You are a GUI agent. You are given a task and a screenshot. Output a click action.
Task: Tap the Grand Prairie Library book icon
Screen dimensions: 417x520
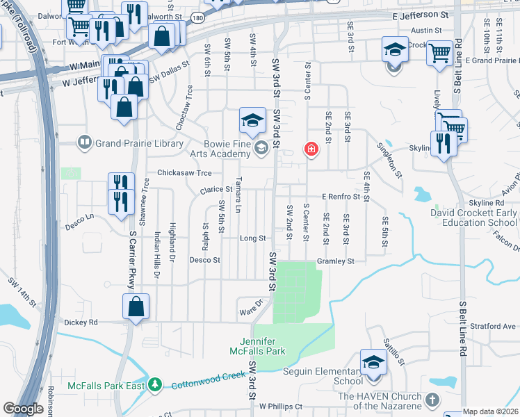pyautogui.click(x=84, y=143)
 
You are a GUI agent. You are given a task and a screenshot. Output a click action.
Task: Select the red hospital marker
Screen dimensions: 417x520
pyautogui.click(x=311, y=149)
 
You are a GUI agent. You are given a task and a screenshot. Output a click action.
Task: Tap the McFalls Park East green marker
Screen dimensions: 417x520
pyautogui.click(x=157, y=384)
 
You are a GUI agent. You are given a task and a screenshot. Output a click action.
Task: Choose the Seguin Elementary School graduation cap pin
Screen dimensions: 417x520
pyautogui.click(x=373, y=364)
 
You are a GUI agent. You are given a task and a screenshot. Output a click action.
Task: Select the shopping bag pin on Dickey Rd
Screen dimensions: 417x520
pyautogui.click(x=136, y=306)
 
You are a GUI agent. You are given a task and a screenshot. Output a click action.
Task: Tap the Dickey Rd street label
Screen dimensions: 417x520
pyautogui.click(x=81, y=322)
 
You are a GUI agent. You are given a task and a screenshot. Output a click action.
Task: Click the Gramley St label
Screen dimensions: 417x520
pyautogui.click(x=336, y=261)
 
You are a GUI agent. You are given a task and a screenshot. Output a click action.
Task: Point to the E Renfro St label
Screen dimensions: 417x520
pyautogui.click(x=340, y=197)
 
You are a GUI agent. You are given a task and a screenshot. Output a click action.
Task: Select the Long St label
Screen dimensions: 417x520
pyautogui.click(x=253, y=238)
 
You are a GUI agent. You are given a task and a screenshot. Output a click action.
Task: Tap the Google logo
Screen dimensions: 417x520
pyautogui.click(x=22, y=409)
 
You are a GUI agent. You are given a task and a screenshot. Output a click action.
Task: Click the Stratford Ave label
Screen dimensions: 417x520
pyautogui.click(x=492, y=326)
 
